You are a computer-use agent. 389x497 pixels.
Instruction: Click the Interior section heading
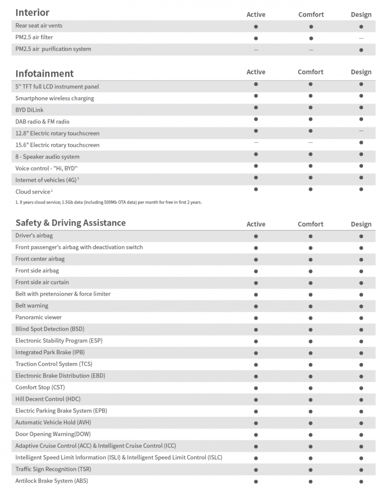click(x=32, y=13)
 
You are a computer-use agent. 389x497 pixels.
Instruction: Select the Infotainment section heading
click(x=44, y=74)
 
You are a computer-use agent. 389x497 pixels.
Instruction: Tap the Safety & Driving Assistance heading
click(x=71, y=223)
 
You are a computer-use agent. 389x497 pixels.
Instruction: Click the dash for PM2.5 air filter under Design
click(x=361, y=38)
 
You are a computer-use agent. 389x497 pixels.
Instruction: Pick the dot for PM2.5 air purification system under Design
click(x=361, y=50)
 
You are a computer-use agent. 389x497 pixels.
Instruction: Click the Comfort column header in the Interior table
click(x=311, y=15)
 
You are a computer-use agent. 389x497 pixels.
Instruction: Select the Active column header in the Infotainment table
click(x=256, y=72)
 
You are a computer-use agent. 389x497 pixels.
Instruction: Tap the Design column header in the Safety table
click(x=361, y=224)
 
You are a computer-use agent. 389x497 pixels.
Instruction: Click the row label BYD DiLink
click(x=29, y=110)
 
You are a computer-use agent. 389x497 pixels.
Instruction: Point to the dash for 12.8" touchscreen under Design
click(x=361, y=131)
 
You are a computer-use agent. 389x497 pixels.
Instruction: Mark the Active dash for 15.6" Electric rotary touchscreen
click(x=256, y=142)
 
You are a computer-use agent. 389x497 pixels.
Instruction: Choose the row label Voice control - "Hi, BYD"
click(x=46, y=168)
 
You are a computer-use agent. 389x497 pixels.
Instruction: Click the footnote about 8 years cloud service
click(x=109, y=202)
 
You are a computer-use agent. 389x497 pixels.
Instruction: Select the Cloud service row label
click(x=33, y=192)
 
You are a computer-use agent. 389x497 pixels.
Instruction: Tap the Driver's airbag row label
click(x=34, y=235)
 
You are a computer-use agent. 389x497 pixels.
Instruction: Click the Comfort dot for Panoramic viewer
click(x=310, y=318)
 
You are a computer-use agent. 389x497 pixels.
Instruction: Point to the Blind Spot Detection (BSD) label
click(x=50, y=329)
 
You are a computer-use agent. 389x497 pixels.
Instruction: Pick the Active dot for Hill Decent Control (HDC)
click(x=256, y=400)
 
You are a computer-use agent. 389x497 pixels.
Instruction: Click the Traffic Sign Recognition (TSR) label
click(x=53, y=469)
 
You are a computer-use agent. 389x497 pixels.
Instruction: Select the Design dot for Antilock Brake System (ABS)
click(x=361, y=481)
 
